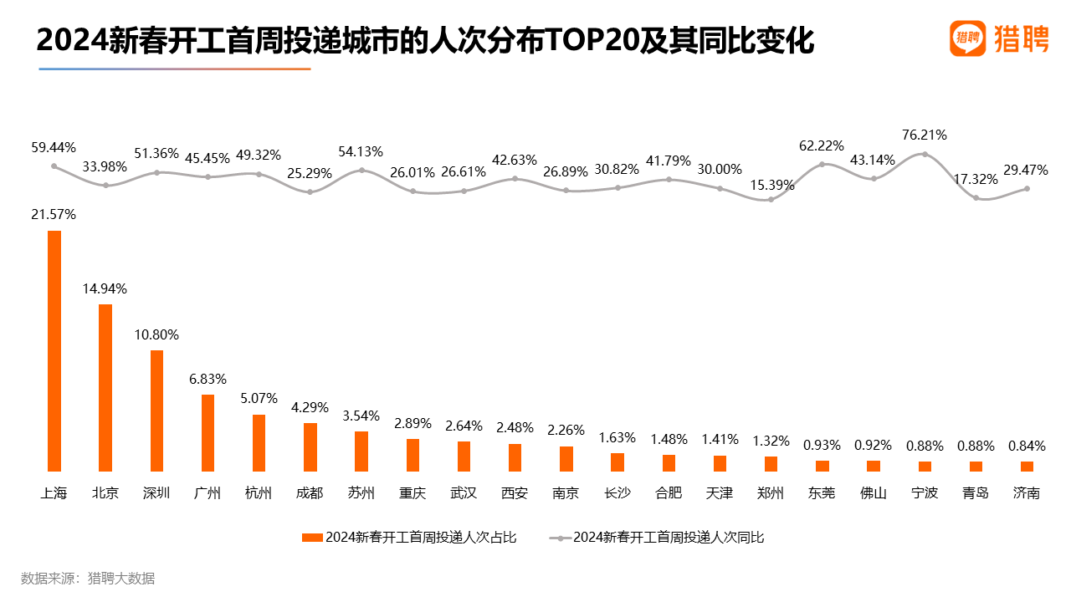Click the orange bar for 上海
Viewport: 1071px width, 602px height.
tap(54, 350)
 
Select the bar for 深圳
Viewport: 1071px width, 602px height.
tap(156, 411)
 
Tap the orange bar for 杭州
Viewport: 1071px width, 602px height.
tap(259, 442)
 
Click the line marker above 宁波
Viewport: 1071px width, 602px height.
tap(925, 154)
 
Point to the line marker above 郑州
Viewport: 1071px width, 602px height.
tap(771, 199)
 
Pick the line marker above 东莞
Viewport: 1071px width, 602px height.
tap(822, 164)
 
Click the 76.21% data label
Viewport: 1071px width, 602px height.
tap(925, 135)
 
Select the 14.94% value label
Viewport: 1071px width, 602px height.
tap(105, 289)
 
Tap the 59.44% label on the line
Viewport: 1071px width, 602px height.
tap(54, 147)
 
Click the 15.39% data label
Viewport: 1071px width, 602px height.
tap(771, 185)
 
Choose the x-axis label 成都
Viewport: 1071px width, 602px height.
tap(310, 493)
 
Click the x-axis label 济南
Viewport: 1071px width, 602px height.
tap(1027, 493)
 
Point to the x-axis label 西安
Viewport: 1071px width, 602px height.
tap(515, 493)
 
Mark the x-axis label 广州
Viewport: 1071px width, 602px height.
tap(208, 493)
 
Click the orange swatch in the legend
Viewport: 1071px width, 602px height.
tap(311, 538)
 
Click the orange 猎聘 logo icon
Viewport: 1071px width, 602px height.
tap(968, 38)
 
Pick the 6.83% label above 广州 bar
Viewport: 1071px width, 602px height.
tap(208, 380)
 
